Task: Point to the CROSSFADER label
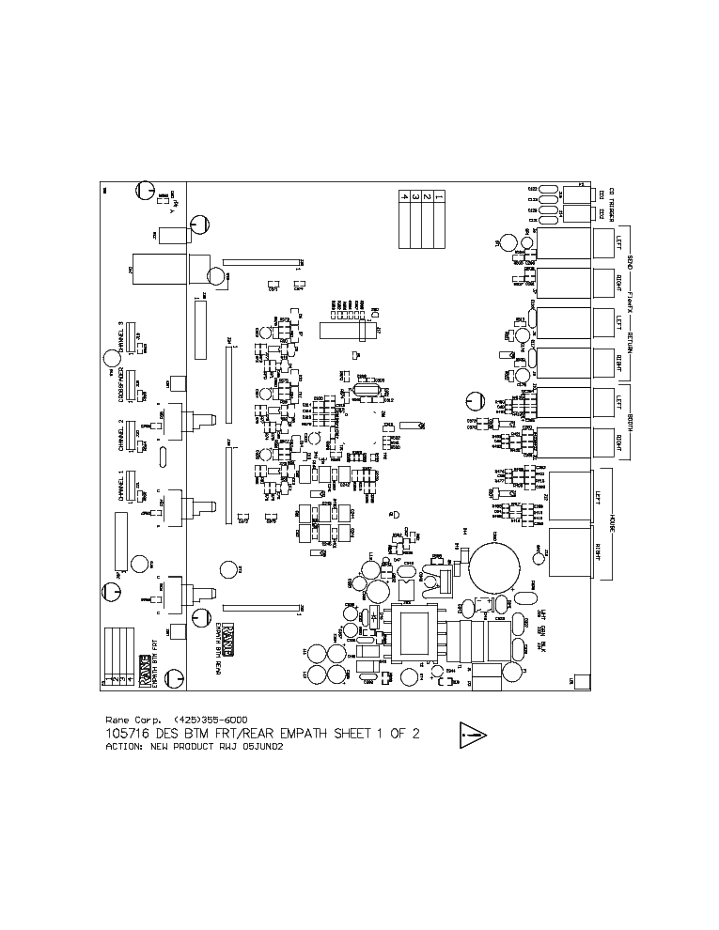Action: pyautogui.click(x=121, y=386)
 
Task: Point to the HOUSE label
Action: pyautogui.click(x=612, y=523)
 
